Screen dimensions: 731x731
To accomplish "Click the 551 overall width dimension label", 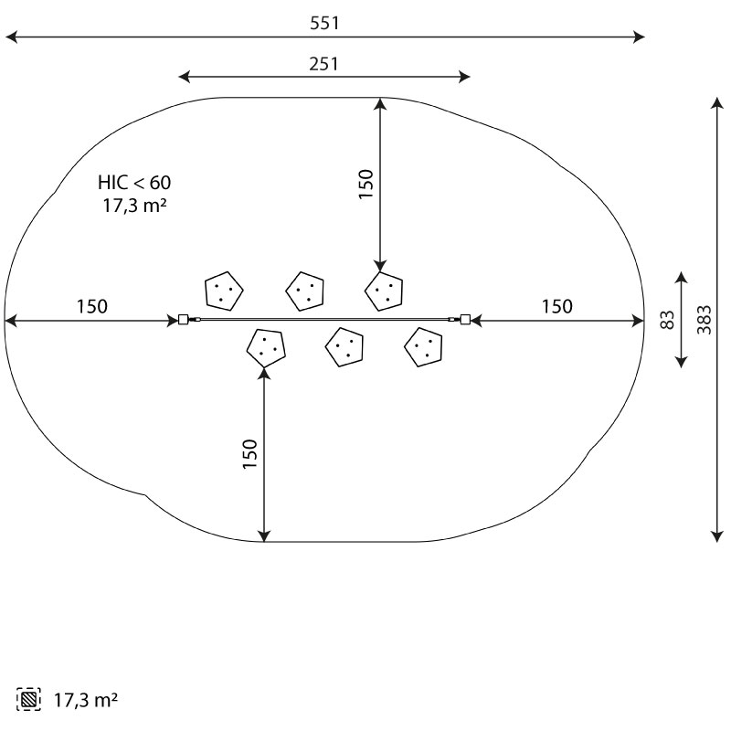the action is [x=324, y=23].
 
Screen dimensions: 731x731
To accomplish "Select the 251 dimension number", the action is [x=324, y=64].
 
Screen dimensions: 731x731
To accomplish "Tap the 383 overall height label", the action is [x=705, y=320].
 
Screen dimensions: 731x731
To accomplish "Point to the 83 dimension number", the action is [x=667, y=320].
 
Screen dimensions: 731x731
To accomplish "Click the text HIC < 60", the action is [x=134, y=182].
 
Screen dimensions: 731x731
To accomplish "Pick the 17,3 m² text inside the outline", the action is [x=134, y=205].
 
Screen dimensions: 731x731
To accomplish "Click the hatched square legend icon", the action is [x=28, y=699].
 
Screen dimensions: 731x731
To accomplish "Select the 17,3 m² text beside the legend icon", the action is [x=86, y=700].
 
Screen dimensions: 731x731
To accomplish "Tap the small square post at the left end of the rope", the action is [x=184, y=320].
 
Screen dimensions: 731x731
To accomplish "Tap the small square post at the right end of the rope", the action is [x=465, y=320].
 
